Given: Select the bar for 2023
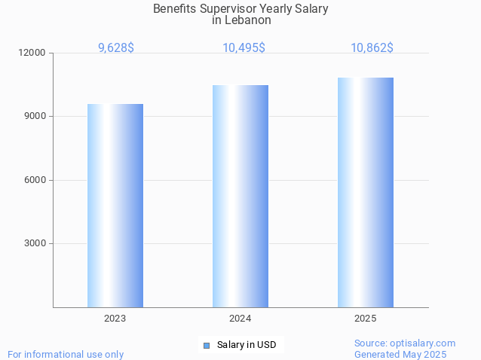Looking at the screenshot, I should coord(115,206).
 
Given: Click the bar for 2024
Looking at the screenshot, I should coord(240,196).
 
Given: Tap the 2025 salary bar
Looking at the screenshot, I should coord(366,192).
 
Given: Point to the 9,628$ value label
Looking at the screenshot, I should coord(116,48).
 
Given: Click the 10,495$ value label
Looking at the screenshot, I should coord(244,48).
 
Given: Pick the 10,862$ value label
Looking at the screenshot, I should coord(372,48).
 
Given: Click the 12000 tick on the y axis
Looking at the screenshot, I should coord(33,53).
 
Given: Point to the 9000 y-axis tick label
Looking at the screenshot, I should coord(35,116).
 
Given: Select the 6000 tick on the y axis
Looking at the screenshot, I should coord(35,180).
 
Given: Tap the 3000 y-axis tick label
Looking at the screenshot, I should coord(35,243).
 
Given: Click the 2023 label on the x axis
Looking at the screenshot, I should coord(115,319).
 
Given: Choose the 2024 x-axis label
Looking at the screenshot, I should coord(240,319).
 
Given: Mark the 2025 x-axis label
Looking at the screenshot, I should coord(366,319).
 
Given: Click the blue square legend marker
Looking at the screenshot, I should coord(206,345).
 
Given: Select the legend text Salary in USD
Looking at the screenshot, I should coord(247,345).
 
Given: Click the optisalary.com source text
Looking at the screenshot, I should coord(405,343).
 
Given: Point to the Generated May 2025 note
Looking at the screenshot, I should coord(400,354).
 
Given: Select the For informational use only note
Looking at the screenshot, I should coord(66,354).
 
